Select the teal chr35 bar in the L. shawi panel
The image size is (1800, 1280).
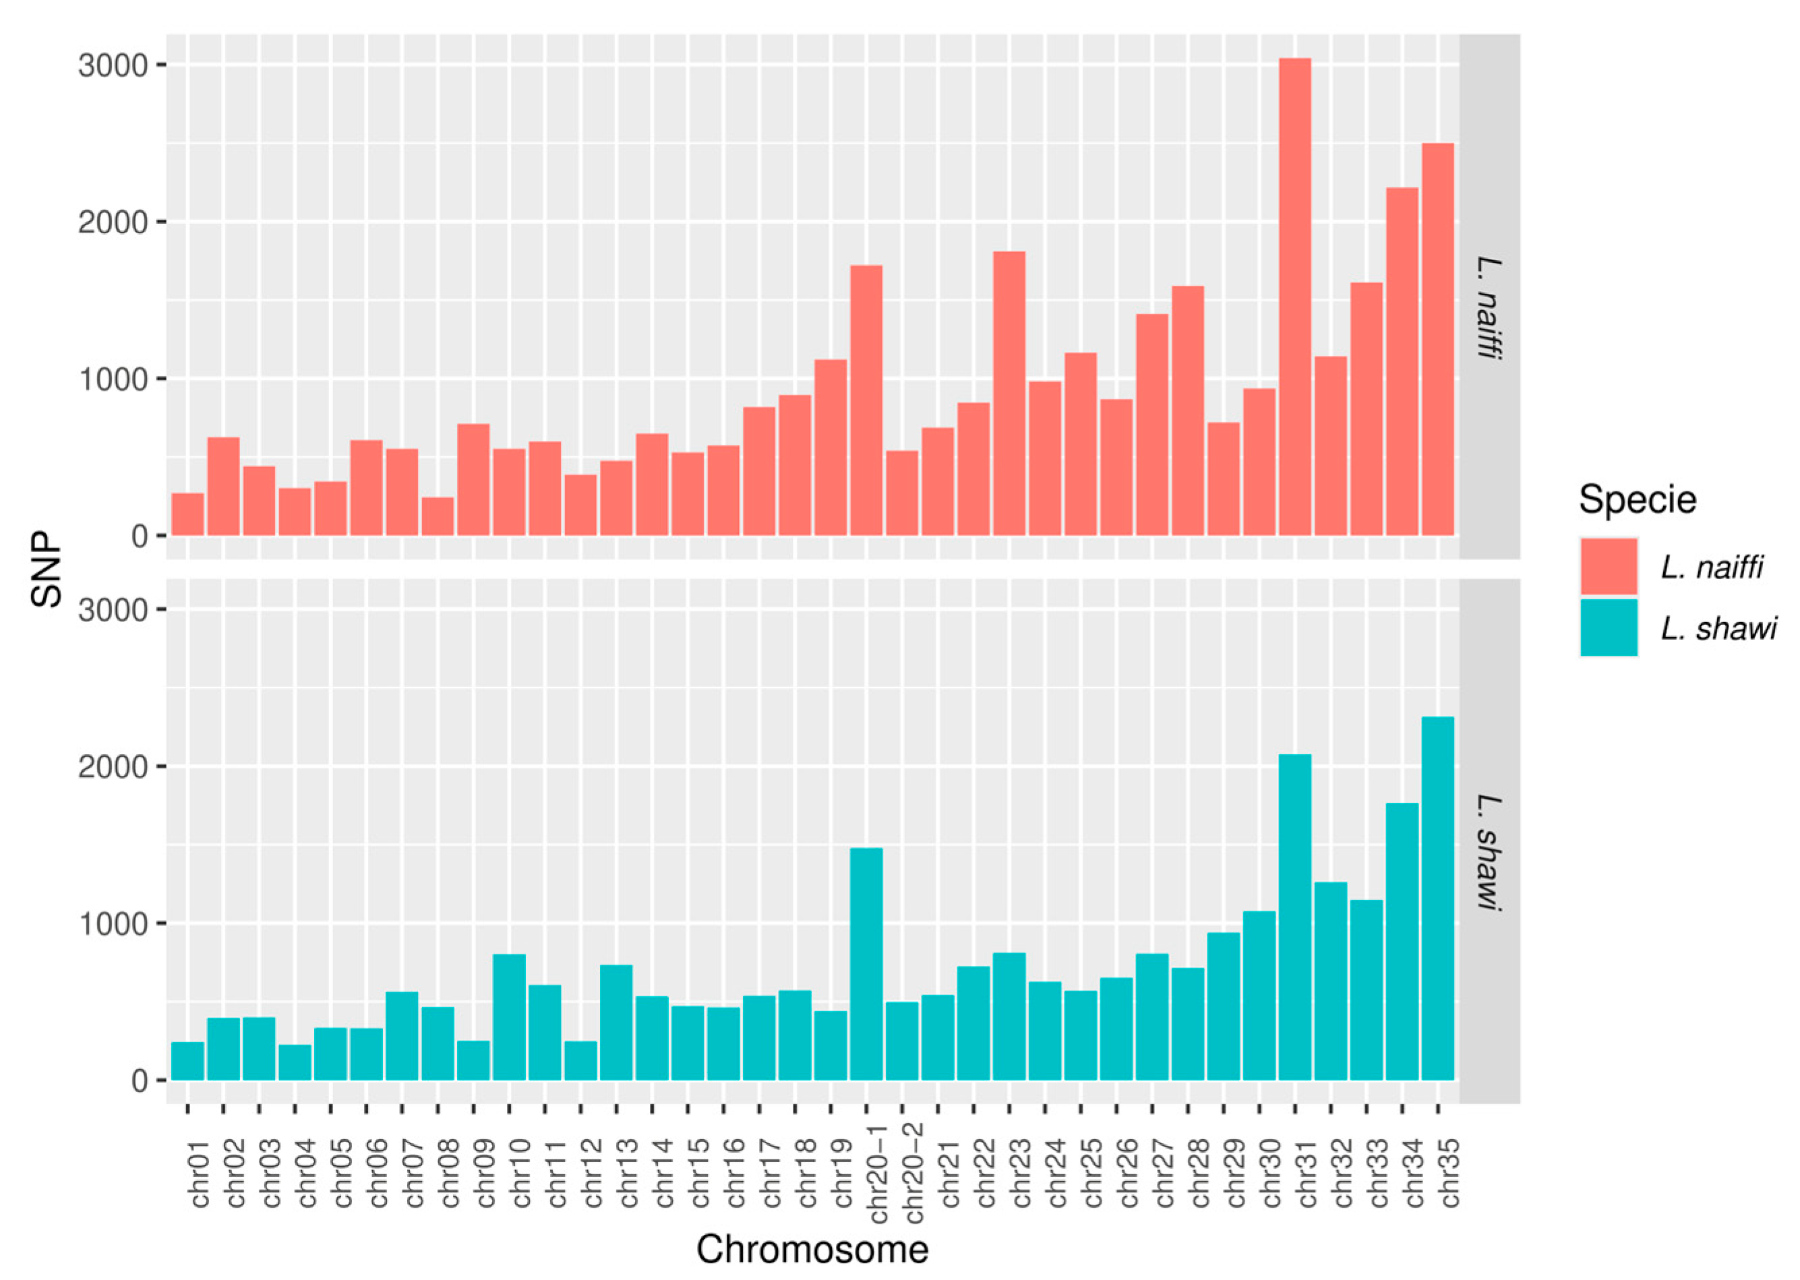point(1437,898)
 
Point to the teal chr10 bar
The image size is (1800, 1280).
point(508,1016)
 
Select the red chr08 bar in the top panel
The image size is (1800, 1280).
point(438,516)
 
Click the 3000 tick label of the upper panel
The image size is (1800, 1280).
point(113,65)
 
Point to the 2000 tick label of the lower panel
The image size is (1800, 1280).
point(113,766)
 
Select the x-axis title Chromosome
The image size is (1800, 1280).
point(812,1249)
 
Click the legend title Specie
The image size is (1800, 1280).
point(1637,499)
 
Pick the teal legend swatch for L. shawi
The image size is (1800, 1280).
point(1609,628)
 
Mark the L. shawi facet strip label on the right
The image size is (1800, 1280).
point(1488,853)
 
